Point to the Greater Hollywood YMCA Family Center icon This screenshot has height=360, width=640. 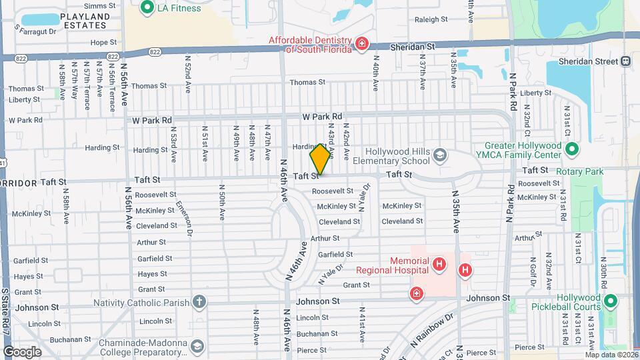point(572,150)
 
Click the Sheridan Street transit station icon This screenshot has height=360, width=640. point(625,61)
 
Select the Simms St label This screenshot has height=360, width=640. point(101,5)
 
